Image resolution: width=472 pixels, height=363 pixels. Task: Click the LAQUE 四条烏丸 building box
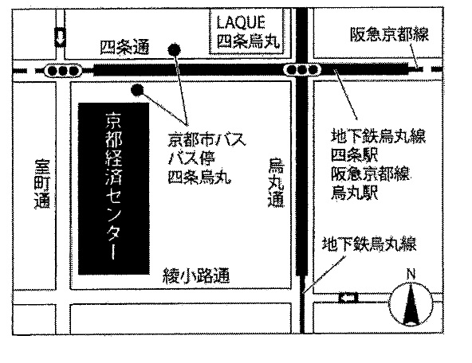pos(247,32)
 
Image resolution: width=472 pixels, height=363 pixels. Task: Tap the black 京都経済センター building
pos(114,189)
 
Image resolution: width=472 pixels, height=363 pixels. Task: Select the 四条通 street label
pos(124,48)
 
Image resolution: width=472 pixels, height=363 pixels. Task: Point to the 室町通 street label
pos(42,184)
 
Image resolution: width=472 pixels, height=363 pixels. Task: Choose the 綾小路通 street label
pos(196,275)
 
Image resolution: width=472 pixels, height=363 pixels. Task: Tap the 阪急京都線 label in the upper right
pos(389,33)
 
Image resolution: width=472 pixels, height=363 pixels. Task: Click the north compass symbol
pos(411,303)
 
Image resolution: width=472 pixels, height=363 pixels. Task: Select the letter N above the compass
pos(411,274)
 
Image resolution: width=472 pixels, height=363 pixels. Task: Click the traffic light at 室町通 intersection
pos(63,71)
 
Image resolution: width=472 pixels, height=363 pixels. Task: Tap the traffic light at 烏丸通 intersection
pos(302,70)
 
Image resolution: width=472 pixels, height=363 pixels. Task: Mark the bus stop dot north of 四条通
pos(175,50)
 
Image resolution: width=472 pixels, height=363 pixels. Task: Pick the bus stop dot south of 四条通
pos(138,89)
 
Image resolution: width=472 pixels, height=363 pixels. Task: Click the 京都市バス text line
pos(206,139)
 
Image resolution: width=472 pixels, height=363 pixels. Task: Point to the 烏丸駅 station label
pos(354,193)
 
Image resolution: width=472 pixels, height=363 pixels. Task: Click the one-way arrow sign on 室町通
pos(61,37)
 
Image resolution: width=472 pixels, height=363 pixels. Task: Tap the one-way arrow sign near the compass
pos(348,298)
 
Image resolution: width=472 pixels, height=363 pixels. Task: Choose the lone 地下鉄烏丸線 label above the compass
pos(369,244)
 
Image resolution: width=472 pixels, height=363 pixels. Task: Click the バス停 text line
pos(191,158)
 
